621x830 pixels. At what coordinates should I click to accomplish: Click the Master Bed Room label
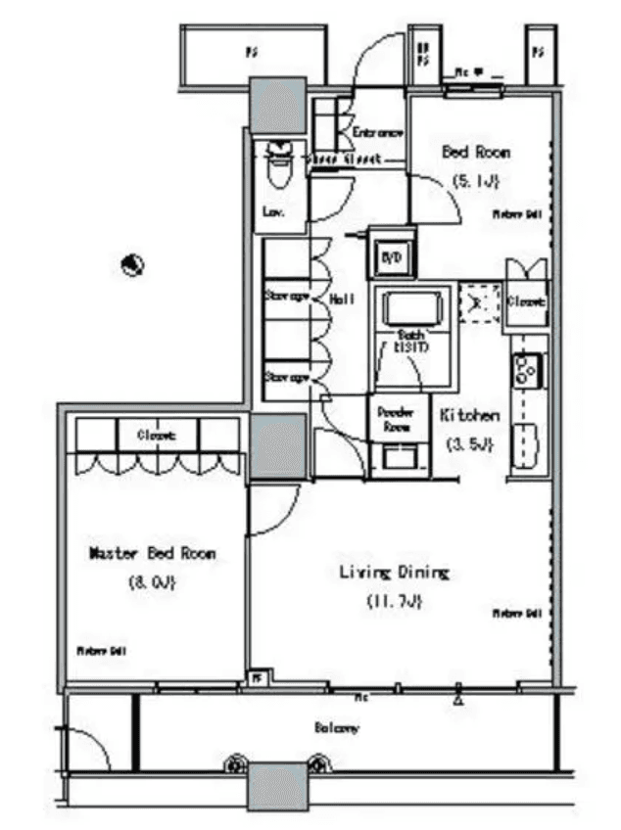[152, 553]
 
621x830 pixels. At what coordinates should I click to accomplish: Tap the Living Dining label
[394, 572]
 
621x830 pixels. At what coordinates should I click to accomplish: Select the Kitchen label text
[469, 415]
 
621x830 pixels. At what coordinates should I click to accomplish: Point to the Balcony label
[336, 728]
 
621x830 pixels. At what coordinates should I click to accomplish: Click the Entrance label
[377, 131]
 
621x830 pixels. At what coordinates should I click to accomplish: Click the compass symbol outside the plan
[134, 263]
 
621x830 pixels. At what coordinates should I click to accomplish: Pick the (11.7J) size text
[394, 601]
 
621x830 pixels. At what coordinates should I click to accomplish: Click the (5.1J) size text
[476, 181]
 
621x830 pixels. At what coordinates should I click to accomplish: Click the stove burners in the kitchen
[521, 369]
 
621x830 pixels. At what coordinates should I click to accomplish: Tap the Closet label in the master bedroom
[156, 435]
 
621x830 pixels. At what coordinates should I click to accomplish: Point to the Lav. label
[273, 210]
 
